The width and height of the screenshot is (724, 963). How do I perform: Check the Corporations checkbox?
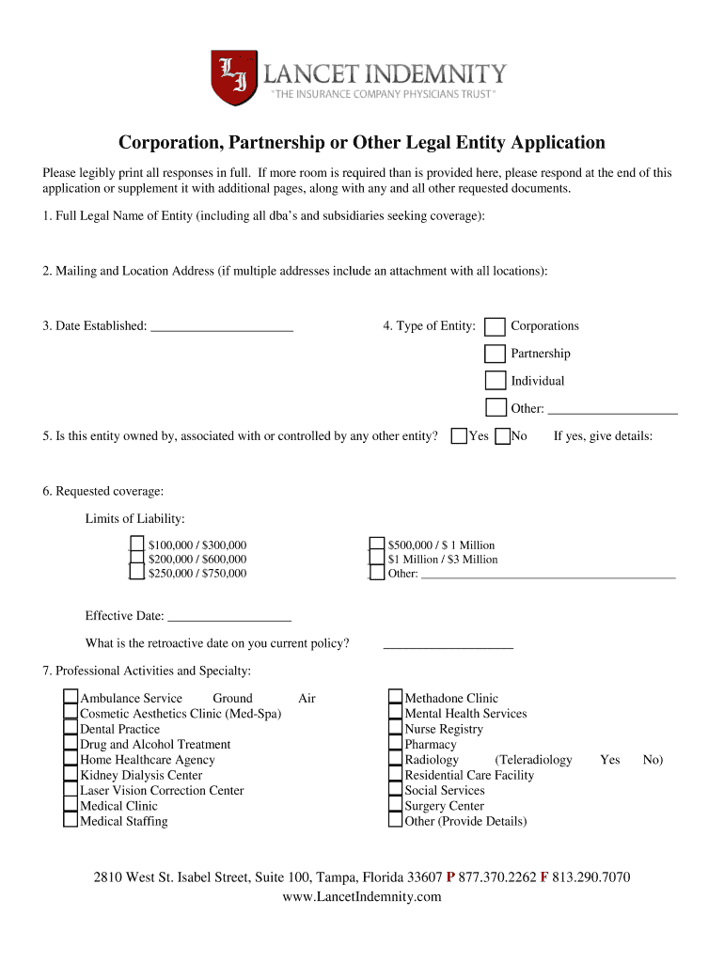pos(495,326)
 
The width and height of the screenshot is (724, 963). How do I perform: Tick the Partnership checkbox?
pos(495,354)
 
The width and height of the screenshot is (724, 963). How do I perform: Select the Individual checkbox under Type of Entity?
pos(495,381)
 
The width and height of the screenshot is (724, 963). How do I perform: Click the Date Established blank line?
pos(222,328)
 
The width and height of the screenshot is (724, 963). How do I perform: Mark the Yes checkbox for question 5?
pos(459,436)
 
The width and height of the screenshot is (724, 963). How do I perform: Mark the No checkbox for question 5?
pos(502,436)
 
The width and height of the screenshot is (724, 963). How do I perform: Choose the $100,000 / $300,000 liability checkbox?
pos(137,545)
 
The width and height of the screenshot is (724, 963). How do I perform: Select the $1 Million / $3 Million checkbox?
pos(377,559)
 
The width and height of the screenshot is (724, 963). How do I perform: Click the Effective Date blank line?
pos(228,618)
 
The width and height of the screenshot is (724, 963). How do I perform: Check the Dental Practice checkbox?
pos(71,729)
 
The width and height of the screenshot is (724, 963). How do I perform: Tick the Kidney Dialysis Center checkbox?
pos(71,775)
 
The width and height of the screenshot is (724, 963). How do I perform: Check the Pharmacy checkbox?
pos(395,744)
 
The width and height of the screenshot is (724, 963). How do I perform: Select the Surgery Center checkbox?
pos(395,806)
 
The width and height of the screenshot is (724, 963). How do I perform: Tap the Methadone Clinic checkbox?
pos(395,698)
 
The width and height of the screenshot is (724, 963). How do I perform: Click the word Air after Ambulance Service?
pos(307,699)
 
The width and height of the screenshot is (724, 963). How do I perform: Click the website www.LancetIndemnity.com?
pos(362,897)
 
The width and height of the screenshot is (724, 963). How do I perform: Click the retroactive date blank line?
pos(449,645)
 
